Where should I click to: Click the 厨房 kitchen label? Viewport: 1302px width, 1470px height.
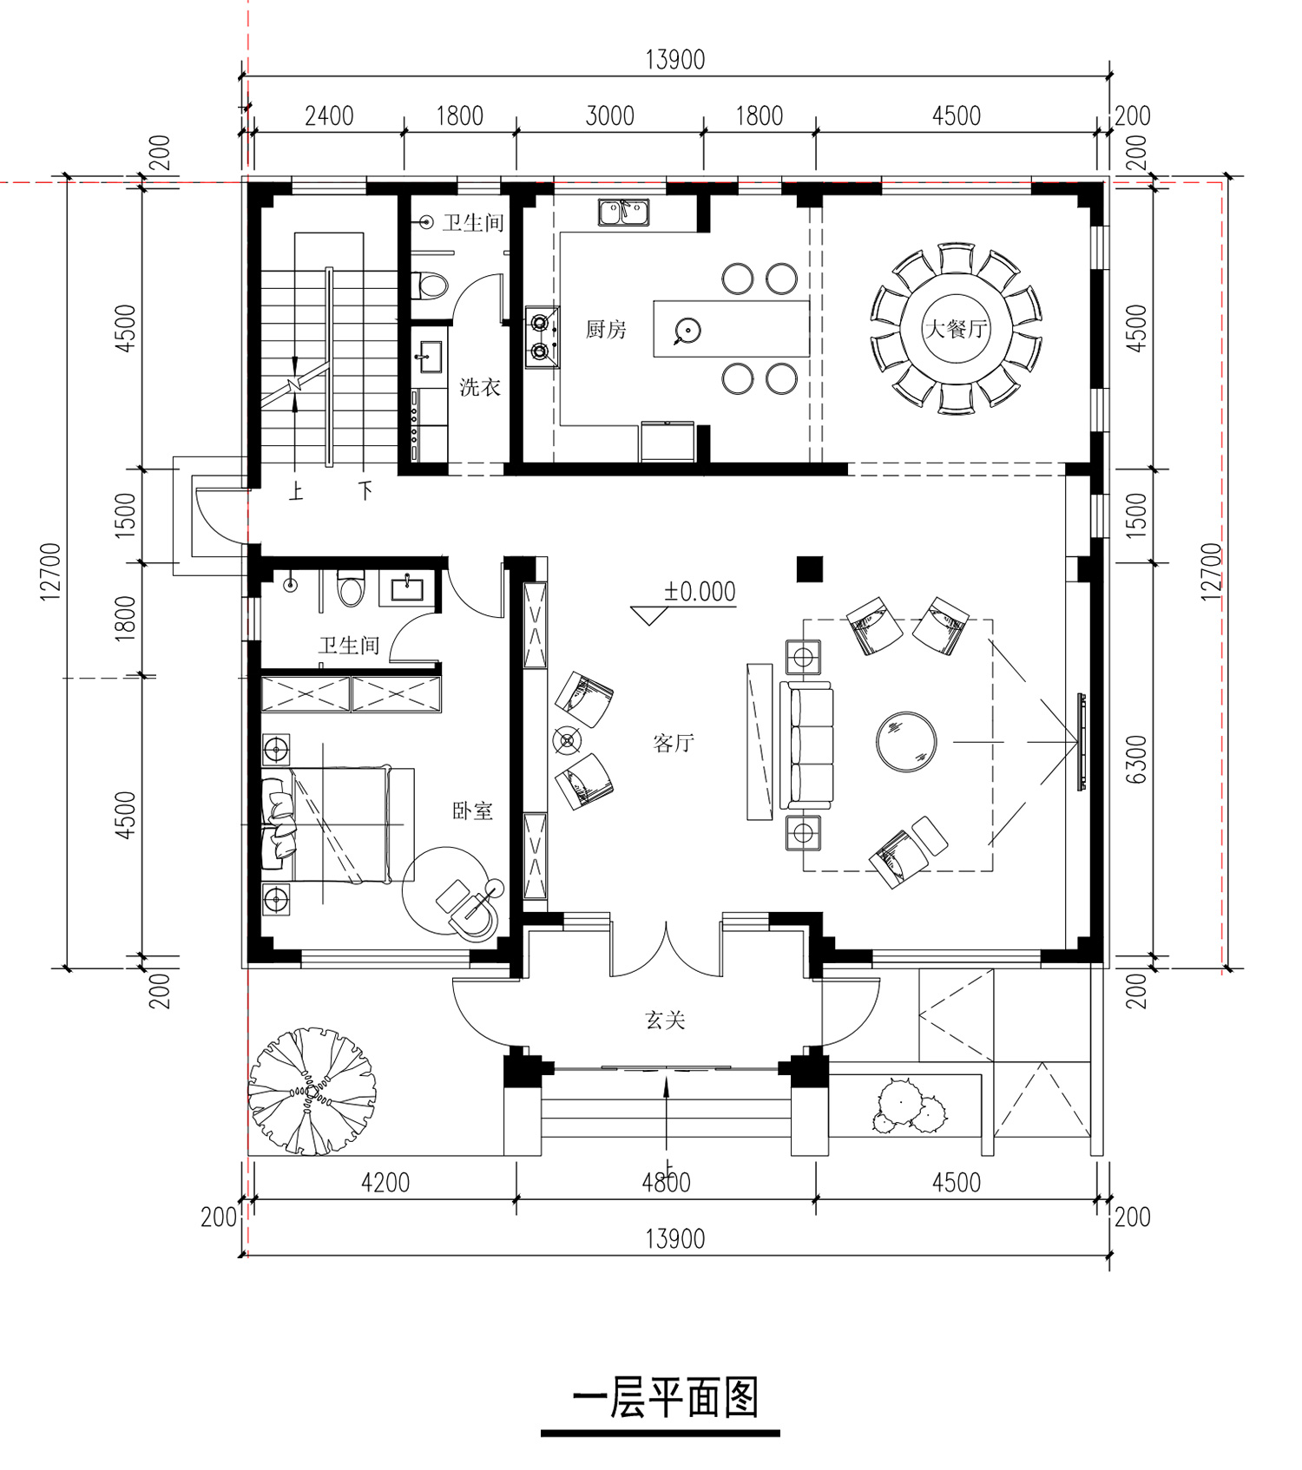[x=606, y=329]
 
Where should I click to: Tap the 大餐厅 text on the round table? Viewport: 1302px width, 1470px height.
[x=956, y=329]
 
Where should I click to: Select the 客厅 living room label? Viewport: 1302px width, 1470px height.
[x=673, y=743]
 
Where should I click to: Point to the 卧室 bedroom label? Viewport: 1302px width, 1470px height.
[x=472, y=810]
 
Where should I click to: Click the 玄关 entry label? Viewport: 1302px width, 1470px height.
[x=666, y=1020]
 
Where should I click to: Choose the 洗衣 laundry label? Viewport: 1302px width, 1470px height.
[x=480, y=387]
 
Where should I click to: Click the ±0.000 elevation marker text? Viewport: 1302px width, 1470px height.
[x=700, y=592]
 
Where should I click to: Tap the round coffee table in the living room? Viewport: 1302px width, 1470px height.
[x=906, y=742]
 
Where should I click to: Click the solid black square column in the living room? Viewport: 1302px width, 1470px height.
[x=810, y=568]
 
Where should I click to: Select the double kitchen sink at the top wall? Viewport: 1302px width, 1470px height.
[x=623, y=212]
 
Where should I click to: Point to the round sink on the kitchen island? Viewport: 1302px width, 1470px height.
[x=687, y=330]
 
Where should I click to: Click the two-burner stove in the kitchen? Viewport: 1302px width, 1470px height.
[x=542, y=337]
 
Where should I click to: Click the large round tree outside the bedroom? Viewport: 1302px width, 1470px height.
[x=312, y=1090]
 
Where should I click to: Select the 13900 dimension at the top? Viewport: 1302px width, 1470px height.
[x=675, y=60]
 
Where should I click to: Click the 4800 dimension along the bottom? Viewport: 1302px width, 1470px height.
[x=666, y=1182]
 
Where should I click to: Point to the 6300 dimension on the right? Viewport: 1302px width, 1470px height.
[x=1137, y=759]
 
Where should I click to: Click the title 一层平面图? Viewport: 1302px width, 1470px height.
[x=666, y=1397]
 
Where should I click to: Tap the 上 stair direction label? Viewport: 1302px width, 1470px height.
[x=296, y=492]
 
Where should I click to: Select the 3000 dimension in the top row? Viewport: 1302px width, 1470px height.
[x=609, y=115]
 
